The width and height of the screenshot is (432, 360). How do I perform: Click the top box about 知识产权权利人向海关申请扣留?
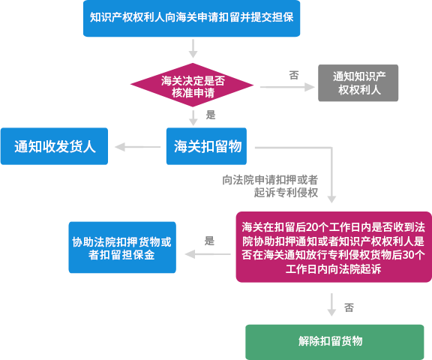(191, 19)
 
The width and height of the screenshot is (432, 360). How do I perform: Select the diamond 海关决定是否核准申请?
(192, 85)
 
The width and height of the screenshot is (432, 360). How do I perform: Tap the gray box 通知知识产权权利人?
(358, 83)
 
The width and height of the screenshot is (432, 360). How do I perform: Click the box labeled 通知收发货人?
(54, 146)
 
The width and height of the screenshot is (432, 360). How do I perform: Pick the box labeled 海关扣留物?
(207, 146)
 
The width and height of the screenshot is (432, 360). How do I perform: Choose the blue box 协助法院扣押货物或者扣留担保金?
(122, 247)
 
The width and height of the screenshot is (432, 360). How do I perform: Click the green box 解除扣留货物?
(334, 342)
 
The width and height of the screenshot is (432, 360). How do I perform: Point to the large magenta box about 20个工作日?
(334, 247)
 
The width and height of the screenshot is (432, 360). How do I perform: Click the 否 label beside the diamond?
(294, 75)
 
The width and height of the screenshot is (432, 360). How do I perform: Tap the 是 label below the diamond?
(211, 115)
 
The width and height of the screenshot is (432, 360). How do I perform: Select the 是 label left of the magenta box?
(209, 241)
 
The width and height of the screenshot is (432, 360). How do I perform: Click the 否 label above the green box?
(349, 307)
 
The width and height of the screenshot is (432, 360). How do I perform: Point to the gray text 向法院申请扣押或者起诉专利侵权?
(270, 186)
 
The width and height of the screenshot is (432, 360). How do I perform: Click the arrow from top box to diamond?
(193, 49)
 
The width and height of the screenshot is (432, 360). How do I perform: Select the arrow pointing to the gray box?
(287, 87)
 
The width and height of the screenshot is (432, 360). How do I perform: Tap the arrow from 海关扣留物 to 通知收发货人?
(137, 147)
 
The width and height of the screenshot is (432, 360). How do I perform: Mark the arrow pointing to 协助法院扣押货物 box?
(208, 254)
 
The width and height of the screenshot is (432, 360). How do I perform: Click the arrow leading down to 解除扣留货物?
(331, 304)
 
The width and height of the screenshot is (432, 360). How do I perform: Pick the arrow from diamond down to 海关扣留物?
(193, 118)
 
